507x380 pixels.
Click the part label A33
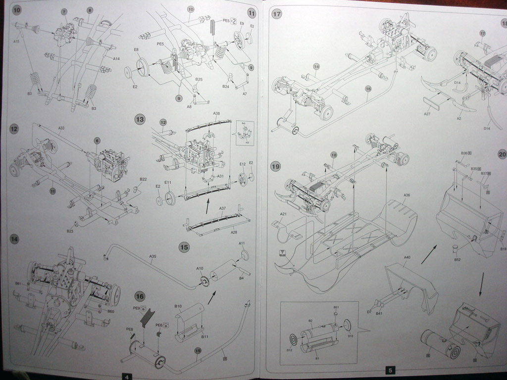(x=61, y=129)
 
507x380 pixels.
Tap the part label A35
(x=153, y=256)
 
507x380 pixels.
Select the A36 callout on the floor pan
(x=407, y=195)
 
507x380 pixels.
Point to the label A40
(x=407, y=257)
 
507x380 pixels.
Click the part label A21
(x=283, y=214)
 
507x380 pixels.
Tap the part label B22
(x=143, y=179)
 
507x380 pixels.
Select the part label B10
(x=178, y=307)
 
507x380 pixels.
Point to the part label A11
(x=242, y=243)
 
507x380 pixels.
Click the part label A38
(x=216, y=113)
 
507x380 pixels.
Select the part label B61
(x=18, y=284)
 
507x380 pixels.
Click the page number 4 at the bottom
(x=127, y=377)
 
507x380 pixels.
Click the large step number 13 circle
(x=141, y=119)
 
